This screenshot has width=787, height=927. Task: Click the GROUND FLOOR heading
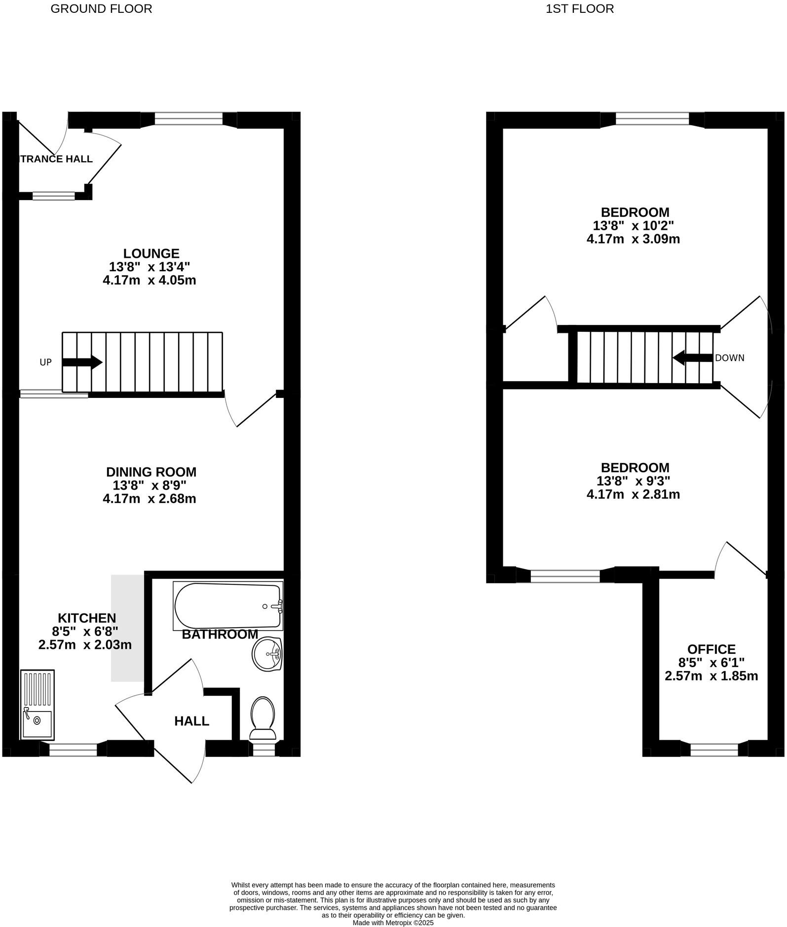[x=101, y=9]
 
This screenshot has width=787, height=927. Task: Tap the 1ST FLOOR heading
[x=580, y=9]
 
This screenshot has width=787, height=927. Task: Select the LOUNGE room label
[x=151, y=253]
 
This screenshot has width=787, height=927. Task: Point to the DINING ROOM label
[x=151, y=472]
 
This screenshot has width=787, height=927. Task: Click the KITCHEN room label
[x=87, y=618]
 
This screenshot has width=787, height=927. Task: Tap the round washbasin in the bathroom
[x=267, y=654]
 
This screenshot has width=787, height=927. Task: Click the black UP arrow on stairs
[x=82, y=362]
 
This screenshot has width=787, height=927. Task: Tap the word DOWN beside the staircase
[x=729, y=358]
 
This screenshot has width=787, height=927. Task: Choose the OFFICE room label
[x=711, y=649]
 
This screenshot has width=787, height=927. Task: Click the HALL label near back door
[x=191, y=721]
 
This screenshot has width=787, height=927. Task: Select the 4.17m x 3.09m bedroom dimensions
[x=633, y=239]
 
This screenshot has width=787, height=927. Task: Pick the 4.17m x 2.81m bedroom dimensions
[x=633, y=494]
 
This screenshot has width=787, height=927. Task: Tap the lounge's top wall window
[x=188, y=119]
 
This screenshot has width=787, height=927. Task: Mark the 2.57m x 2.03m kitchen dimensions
[x=85, y=644]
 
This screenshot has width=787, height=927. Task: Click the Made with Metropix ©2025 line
[x=393, y=923]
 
